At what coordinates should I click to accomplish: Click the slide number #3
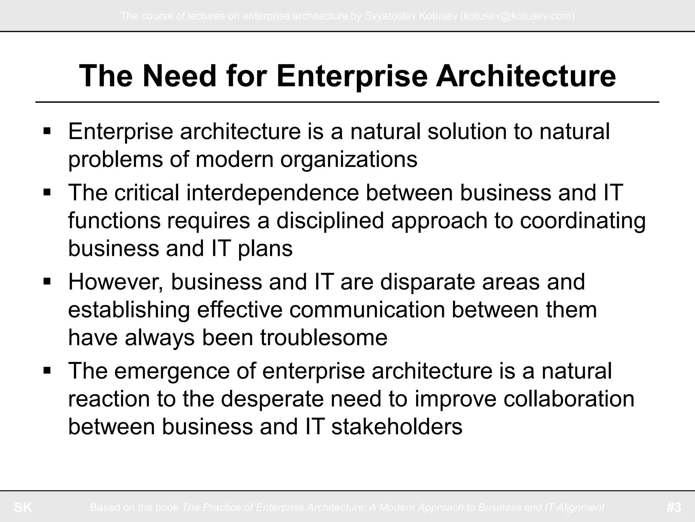(x=674, y=507)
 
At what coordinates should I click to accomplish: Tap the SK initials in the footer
(x=23, y=507)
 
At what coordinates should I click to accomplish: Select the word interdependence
(x=273, y=193)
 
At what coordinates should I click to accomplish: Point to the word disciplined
(x=331, y=221)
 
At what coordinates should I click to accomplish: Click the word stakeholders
(x=397, y=427)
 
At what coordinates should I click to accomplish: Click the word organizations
(x=349, y=159)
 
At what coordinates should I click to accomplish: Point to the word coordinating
(x=583, y=221)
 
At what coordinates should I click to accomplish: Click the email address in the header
(x=517, y=16)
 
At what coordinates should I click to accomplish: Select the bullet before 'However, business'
(x=47, y=282)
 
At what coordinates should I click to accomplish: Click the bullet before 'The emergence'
(x=47, y=370)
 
